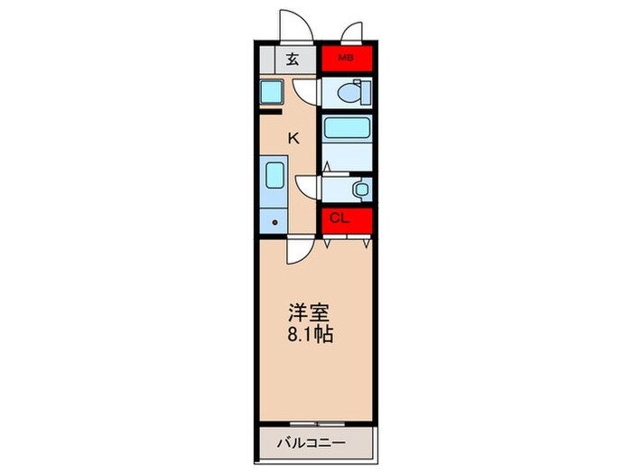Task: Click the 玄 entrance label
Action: coord(293,60)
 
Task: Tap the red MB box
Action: coord(346,60)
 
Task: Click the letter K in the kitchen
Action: coord(293,138)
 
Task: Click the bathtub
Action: coord(346,128)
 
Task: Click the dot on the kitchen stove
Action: coord(274,221)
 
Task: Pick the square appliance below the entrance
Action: coord(273,91)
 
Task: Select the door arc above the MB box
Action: coord(352,33)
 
